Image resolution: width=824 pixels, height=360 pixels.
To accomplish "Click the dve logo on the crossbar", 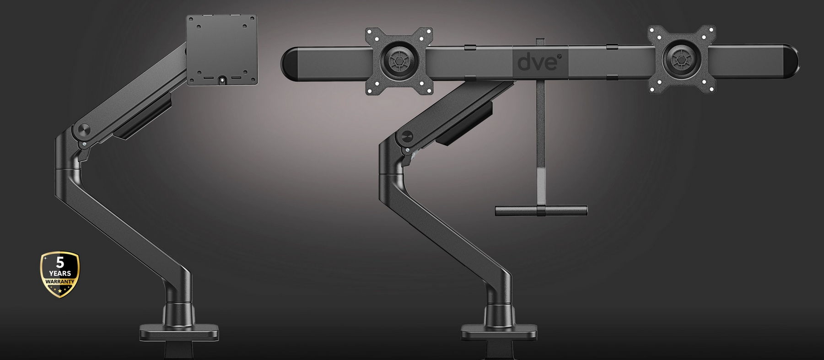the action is (538, 61).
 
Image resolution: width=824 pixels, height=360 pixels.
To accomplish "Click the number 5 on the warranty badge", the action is (60, 263).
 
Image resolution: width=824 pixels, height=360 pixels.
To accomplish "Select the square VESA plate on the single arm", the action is (222, 50).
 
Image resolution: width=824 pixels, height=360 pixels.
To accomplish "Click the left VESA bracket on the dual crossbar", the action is (399, 61).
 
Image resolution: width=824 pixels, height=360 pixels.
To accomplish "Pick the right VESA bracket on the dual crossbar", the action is (682, 59).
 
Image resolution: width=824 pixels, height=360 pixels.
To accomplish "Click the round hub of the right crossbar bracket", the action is (682, 59).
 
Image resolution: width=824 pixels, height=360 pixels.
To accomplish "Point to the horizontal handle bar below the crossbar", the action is (542, 210).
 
